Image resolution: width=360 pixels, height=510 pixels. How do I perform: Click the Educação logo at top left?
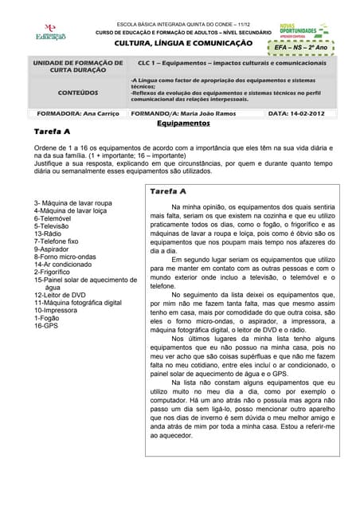(50, 32)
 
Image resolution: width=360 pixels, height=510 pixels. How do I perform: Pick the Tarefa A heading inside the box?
(168, 191)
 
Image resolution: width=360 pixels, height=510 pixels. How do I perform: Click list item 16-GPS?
(47, 326)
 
